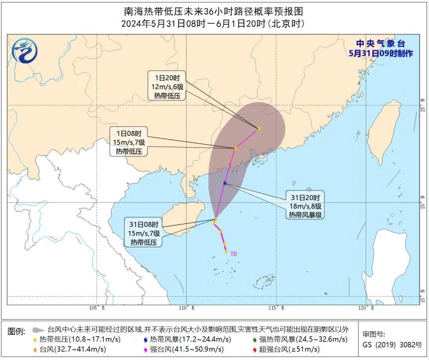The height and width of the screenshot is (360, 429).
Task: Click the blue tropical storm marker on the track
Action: pyautogui.click(x=225, y=183)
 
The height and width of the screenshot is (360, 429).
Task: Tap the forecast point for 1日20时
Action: pyautogui.click(x=259, y=129)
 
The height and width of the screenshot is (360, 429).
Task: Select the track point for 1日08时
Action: pyautogui.click(x=236, y=148)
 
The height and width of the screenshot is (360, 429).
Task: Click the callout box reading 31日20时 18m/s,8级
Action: pyautogui.click(x=305, y=205)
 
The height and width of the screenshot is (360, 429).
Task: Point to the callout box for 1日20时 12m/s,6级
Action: pyautogui.click(x=167, y=86)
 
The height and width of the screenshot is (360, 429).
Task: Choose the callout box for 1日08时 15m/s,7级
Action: pyautogui.click(x=129, y=142)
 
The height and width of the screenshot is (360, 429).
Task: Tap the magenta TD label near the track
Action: pyautogui.click(x=233, y=254)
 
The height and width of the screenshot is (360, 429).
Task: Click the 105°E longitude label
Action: pyautogui.click(x=97, y=308)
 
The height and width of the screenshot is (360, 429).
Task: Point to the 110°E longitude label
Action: pyautogui.click(x=186, y=308)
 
